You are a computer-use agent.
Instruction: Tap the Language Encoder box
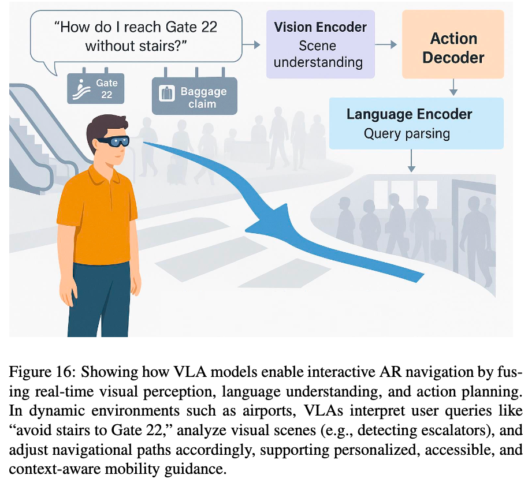pos(409,124)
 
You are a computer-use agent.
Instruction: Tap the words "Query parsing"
pos(407,134)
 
